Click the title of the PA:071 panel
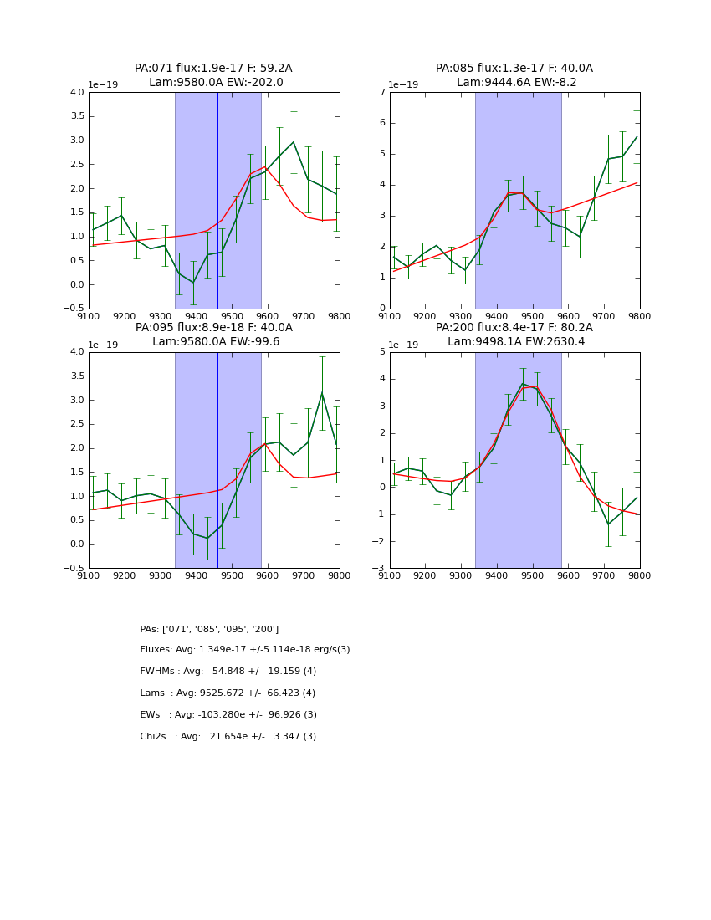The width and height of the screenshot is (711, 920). click(213, 75)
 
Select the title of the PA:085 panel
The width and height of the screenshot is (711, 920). click(514, 75)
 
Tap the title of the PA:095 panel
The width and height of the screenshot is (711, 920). click(213, 335)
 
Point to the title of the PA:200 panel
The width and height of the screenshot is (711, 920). click(514, 335)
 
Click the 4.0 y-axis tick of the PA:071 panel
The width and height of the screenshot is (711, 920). click(77, 92)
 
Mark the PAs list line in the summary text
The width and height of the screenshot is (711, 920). click(209, 629)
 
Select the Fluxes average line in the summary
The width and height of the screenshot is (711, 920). click(245, 650)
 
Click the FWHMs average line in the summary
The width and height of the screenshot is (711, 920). click(228, 672)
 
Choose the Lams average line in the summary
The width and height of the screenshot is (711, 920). click(228, 693)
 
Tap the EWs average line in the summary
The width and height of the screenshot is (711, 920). click(228, 715)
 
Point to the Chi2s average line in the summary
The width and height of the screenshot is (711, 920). click(228, 737)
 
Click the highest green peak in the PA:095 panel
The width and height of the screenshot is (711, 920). click(322, 393)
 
